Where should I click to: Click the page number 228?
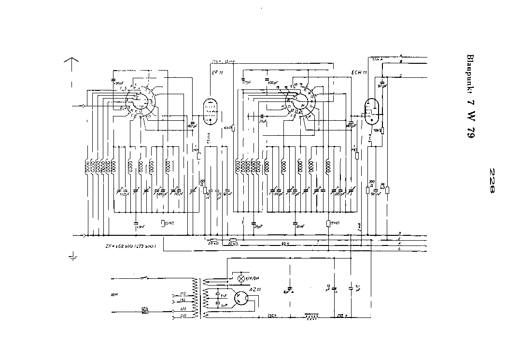tap(492, 180)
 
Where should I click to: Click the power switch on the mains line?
tap(143, 278)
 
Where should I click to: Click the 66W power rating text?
tap(114, 294)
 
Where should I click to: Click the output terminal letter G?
tap(399, 249)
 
